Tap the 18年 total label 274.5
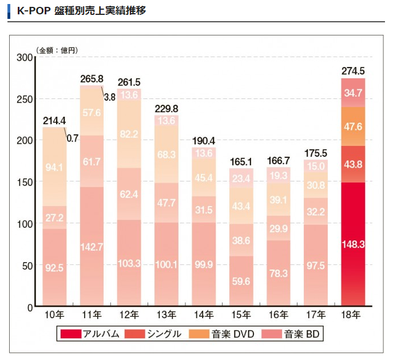[x=353, y=71]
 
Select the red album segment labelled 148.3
[x=353, y=244]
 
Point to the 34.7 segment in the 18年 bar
[x=353, y=93]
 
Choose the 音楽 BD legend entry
[x=295, y=334]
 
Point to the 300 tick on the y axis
[x=25, y=57]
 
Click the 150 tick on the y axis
[x=25, y=182]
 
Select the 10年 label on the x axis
[x=54, y=315]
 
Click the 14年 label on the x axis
[x=203, y=315]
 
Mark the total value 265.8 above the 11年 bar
[x=92, y=79]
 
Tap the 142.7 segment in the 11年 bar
[x=92, y=247]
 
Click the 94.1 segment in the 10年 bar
[x=54, y=168]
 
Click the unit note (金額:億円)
[x=57, y=50]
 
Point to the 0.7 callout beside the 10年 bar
[x=73, y=138]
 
